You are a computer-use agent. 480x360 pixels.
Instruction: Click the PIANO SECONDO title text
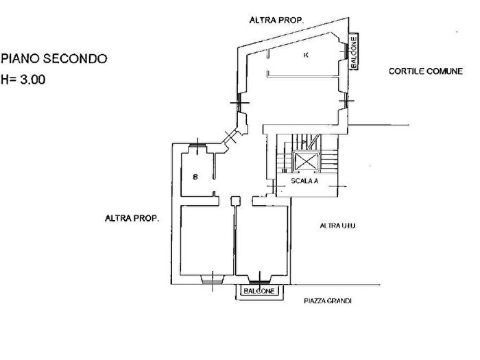[x=54, y=58]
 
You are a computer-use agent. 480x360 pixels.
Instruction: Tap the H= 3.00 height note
[x=23, y=80]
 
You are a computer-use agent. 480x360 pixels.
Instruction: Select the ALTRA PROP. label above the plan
[x=276, y=20]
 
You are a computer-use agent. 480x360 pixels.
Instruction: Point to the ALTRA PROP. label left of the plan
[x=132, y=218]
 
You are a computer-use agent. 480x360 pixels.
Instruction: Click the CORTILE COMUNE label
[x=426, y=71]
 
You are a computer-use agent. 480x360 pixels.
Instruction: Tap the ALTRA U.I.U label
[x=337, y=226]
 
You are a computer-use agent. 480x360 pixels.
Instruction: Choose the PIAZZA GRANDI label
[x=328, y=301]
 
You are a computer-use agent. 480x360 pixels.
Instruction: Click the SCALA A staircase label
[x=304, y=181]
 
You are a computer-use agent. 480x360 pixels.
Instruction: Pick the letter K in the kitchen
[x=306, y=55]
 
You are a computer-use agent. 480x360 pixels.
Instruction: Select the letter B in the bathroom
[x=195, y=177]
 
